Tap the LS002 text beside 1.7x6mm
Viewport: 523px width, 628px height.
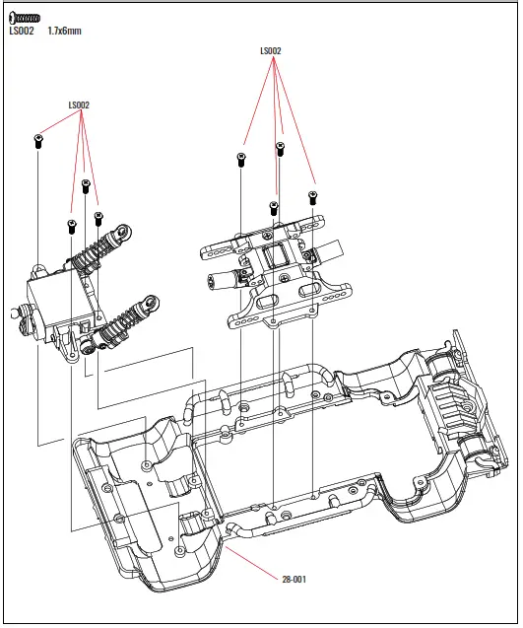tap(22, 32)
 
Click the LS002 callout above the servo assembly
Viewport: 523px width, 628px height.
tap(79, 105)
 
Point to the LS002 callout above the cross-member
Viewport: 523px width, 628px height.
tap(271, 51)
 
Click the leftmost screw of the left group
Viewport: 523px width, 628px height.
tap(37, 140)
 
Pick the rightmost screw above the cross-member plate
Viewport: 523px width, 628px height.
tap(312, 196)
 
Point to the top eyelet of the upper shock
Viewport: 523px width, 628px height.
tap(123, 233)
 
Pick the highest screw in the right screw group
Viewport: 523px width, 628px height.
tap(280, 148)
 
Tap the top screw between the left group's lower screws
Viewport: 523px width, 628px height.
tap(86, 185)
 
